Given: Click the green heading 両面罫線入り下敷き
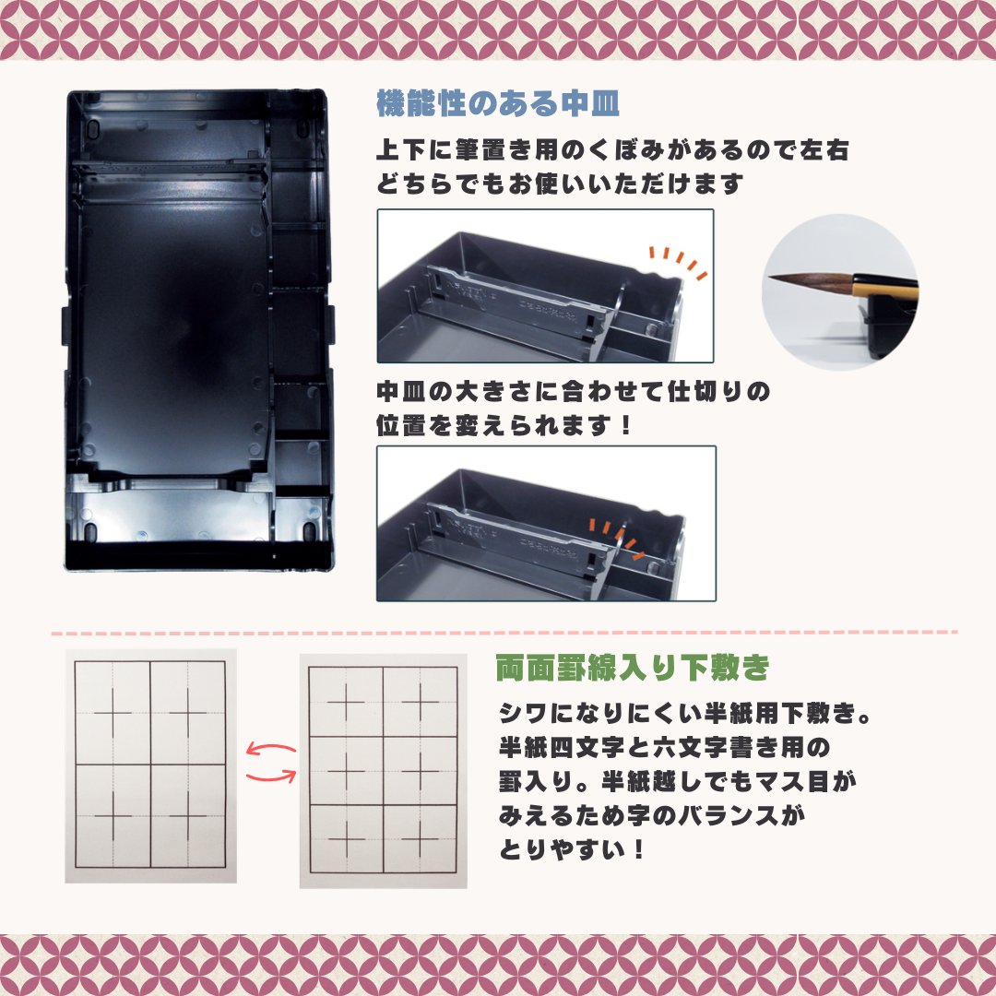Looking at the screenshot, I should [632, 667].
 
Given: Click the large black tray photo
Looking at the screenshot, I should [199, 329].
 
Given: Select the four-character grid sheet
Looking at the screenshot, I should [150, 765].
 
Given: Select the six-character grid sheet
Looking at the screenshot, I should [382, 771].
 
